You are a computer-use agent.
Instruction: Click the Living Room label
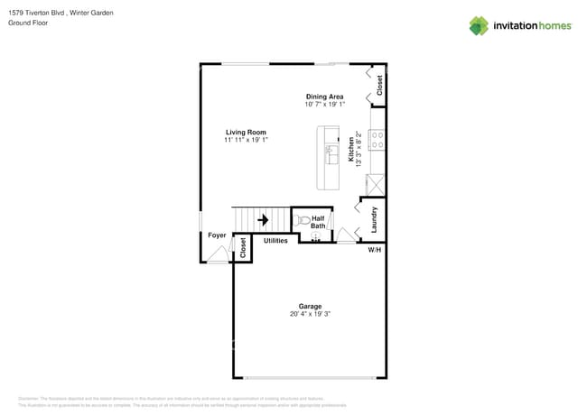pyautogui.click(x=246, y=133)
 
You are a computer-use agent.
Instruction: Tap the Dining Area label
pyautogui.click(x=324, y=97)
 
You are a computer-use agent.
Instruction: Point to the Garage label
pyautogui.click(x=310, y=306)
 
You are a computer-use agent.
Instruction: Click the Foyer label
pyautogui.click(x=217, y=235)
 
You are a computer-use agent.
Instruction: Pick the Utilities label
pyautogui.click(x=275, y=241)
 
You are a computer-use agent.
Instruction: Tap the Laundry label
pyautogui.click(x=374, y=218)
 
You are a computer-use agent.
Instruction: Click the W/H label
pyautogui.click(x=374, y=250)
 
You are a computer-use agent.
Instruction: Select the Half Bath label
pyautogui.click(x=318, y=222)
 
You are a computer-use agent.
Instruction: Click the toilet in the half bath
pyautogui.click(x=303, y=219)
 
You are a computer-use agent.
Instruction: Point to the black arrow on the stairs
pyautogui.click(x=264, y=219)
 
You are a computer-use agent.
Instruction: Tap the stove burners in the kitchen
pyautogui.click(x=378, y=140)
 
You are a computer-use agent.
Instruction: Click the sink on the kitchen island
pyautogui.click(x=331, y=151)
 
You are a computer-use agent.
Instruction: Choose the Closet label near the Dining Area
pyautogui.click(x=380, y=85)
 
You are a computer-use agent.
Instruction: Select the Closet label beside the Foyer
pyautogui.click(x=243, y=249)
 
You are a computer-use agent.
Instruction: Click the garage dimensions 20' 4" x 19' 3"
pyautogui.click(x=310, y=314)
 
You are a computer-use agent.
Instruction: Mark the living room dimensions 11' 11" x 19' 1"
pyautogui.click(x=246, y=141)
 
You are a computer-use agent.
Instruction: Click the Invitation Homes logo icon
pyautogui.click(x=479, y=25)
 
